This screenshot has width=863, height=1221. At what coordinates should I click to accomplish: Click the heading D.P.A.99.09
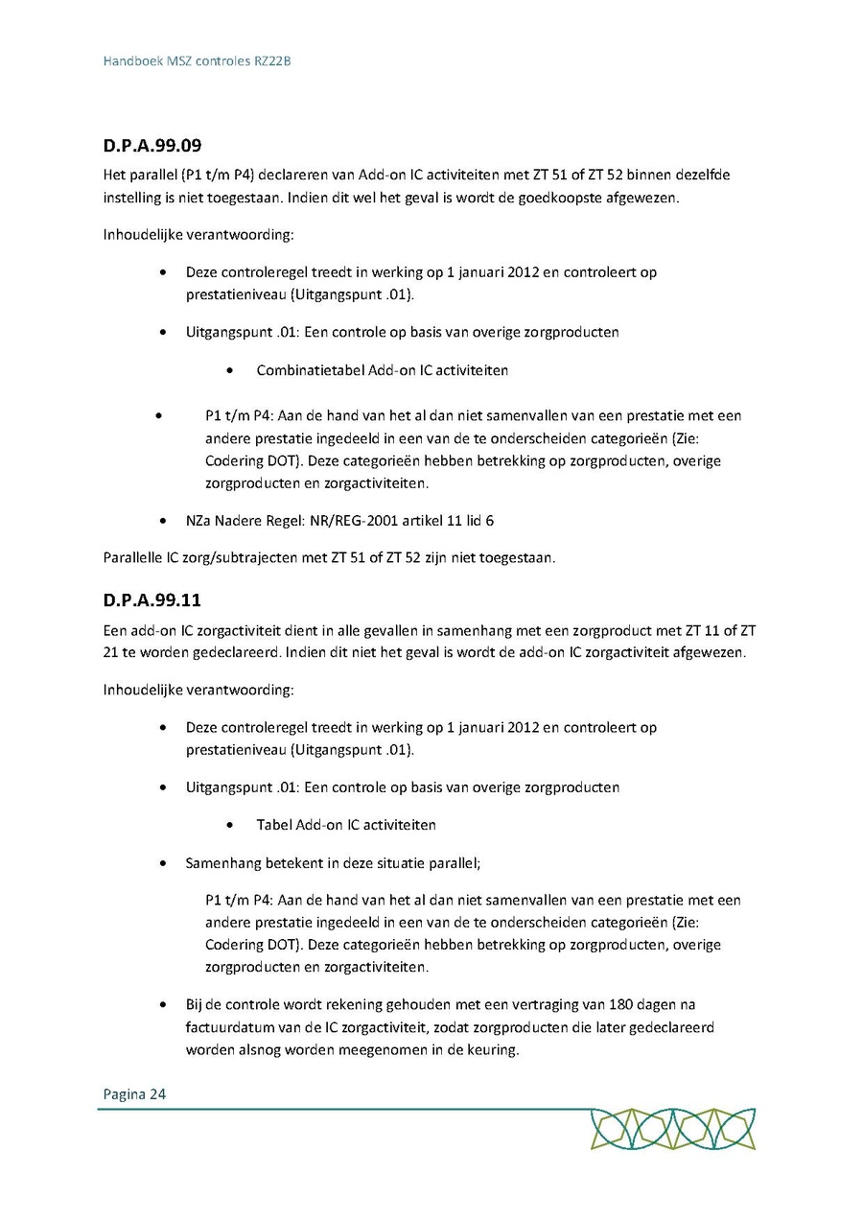[152, 147]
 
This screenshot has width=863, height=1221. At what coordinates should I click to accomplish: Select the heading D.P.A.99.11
[152, 601]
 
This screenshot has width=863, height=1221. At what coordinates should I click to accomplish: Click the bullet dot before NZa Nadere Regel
[167, 522]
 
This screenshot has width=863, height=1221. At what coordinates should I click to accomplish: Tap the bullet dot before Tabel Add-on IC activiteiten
[230, 825]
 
